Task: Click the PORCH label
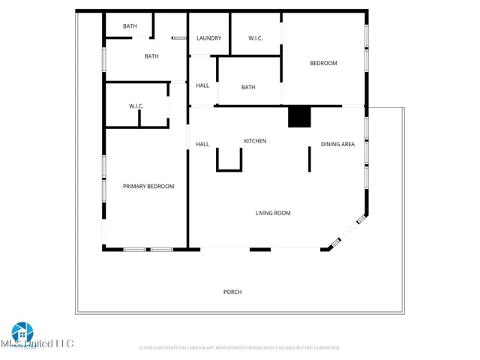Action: pos(232,292)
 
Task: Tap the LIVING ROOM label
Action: pos(273,213)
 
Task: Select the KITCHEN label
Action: pos(255,141)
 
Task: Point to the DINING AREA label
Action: pos(337,144)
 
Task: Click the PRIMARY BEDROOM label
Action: pos(148,186)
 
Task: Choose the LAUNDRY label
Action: pos(208,38)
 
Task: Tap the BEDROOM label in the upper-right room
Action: pos(324,63)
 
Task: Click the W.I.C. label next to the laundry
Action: pos(255,38)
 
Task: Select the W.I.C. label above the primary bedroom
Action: pos(136,106)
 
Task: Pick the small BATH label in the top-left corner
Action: pos(130,26)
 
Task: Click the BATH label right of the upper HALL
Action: pos(248,87)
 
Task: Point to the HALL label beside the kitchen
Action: pos(202,144)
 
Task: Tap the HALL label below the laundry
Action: pos(202,85)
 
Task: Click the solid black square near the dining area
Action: pos(299,117)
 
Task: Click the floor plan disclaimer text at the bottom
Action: pos(240,348)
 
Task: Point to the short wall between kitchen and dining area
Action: pos(310,158)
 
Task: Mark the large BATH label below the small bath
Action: pos(151,56)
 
